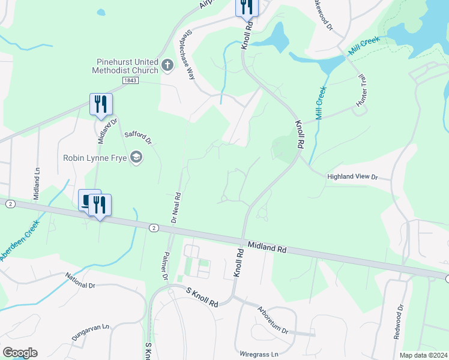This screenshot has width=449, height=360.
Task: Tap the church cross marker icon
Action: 167,65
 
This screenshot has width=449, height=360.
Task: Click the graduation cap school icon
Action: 136,158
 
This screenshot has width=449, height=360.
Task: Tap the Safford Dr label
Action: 138,137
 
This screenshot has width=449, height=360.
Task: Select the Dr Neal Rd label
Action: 176,208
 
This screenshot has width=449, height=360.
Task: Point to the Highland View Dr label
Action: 352,177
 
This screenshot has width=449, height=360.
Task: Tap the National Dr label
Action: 80,281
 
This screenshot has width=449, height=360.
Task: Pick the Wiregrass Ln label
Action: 259,354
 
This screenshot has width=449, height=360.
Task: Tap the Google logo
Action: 20,353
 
